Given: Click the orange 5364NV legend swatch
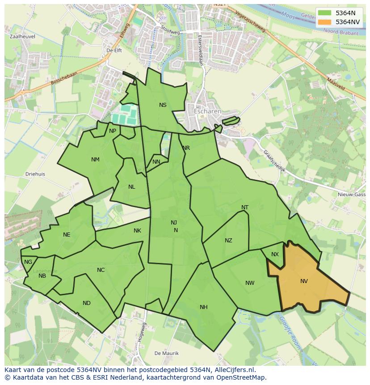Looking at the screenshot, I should [x=325, y=22].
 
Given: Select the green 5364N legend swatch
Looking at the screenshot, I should [x=325, y=13].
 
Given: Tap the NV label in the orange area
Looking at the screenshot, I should [x=304, y=281].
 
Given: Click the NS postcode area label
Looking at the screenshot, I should [x=163, y=105].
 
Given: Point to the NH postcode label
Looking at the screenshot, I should [x=204, y=307].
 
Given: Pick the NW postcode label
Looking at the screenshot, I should [x=250, y=283].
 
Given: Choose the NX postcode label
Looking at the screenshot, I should [x=275, y=254].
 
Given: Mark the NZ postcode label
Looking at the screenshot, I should [x=228, y=241].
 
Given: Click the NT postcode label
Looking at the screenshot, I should [x=245, y=207].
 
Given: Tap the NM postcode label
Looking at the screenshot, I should [x=95, y=160].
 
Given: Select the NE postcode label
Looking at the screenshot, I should [x=67, y=235].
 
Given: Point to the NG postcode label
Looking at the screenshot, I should [x=28, y=262].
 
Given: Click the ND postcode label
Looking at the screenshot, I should [x=87, y=303].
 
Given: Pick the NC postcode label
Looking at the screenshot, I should [x=101, y=270].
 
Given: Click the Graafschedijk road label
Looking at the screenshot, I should [x=274, y=161].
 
